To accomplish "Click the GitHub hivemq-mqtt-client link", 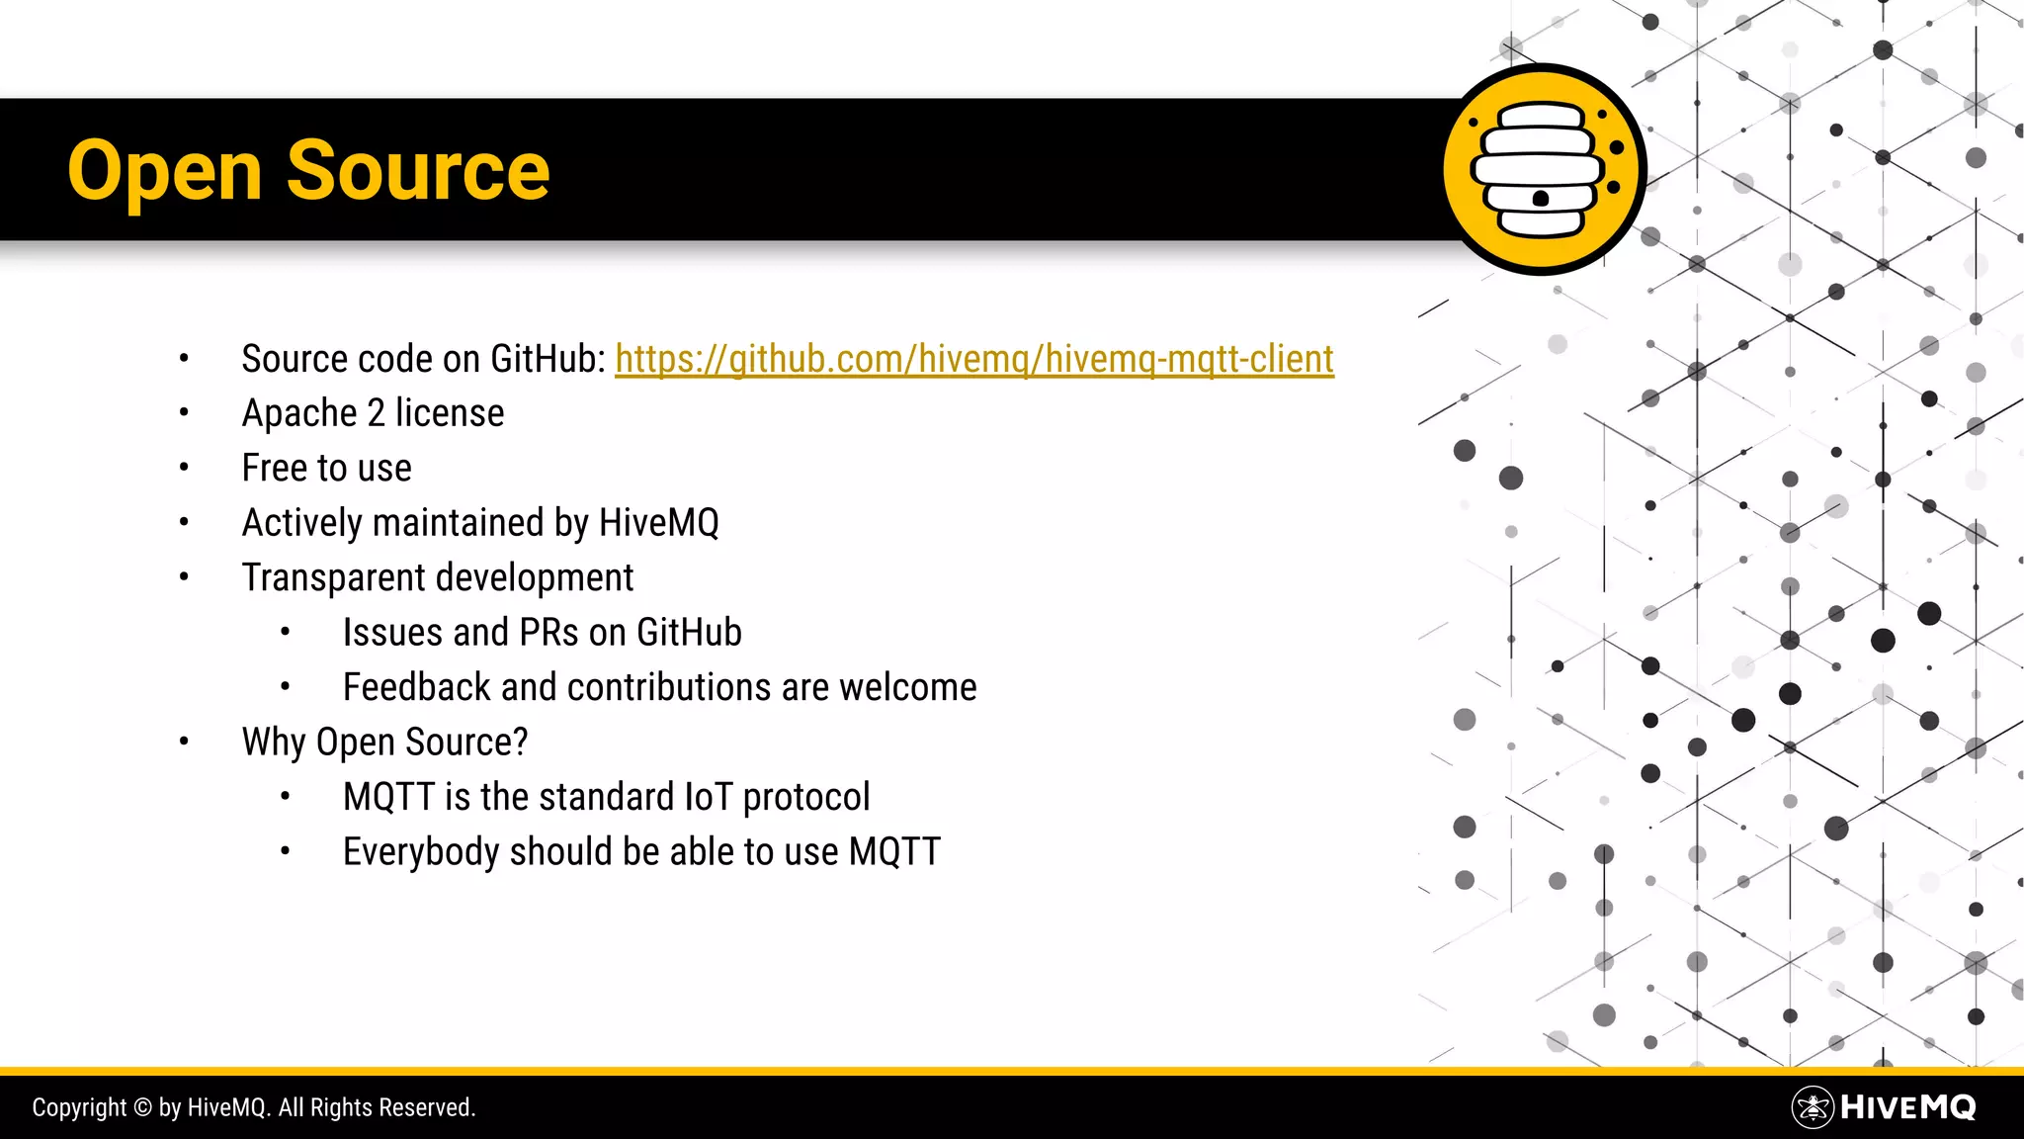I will [973, 359].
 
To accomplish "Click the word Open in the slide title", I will [164, 172].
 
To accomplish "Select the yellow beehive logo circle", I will [1542, 170].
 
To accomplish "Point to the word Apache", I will [299, 413].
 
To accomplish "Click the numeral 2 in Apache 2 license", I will [376, 413].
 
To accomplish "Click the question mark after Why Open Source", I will [521, 743].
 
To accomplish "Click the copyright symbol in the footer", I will [142, 1107].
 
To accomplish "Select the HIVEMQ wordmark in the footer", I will [1908, 1107].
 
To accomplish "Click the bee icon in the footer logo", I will [1813, 1107].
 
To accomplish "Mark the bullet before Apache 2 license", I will [184, 413].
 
